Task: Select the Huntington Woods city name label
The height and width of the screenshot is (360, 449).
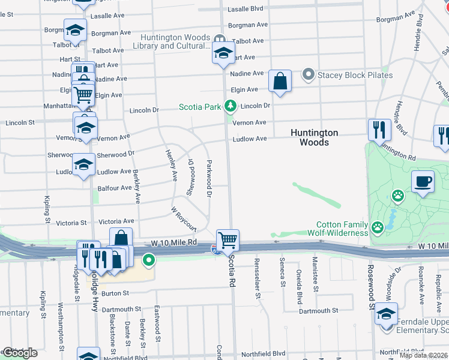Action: click(x=314, y=137)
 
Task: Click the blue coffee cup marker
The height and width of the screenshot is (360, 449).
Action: click(x=423, y=182)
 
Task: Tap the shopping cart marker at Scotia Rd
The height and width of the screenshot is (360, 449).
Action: click(x=228, y=241)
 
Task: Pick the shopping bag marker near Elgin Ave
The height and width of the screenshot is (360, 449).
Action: click(x=280, y=81)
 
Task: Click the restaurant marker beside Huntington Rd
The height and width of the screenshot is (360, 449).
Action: click(x=379, y=130)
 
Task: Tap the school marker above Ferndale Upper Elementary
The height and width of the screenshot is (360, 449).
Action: click(x=387, y=313)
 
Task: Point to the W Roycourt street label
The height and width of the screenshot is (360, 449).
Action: click(x=184, y=220)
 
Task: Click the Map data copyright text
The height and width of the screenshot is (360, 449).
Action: click(x=423, y=355)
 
